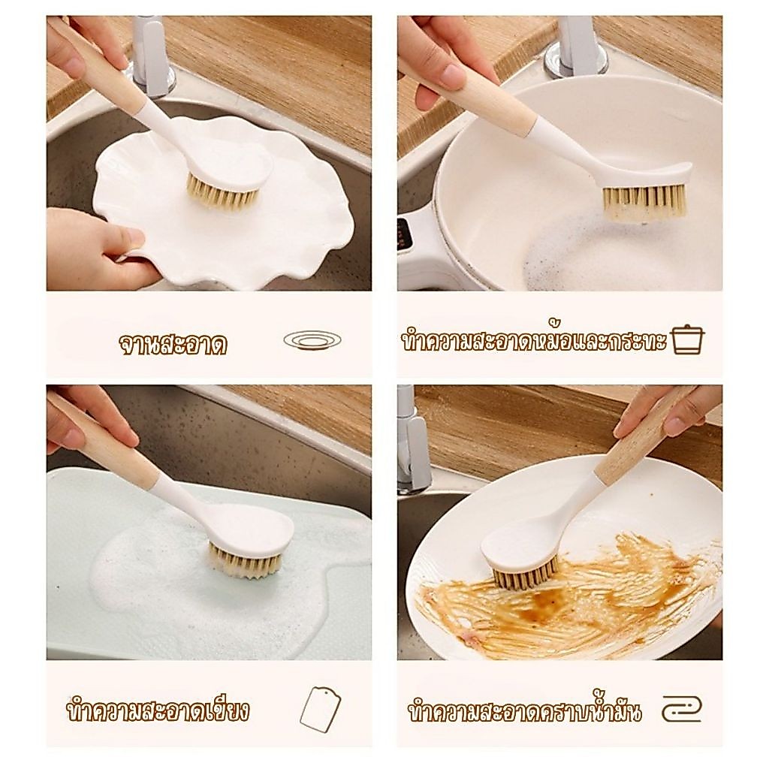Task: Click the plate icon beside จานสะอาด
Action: pyautogui.click(x=312, y=339)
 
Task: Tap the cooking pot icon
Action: pyautogui.click(x=688, y=340)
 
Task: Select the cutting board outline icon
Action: pyautogui.click(x=320, y=707)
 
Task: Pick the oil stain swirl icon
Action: pyautogui.click(x=682, y=709)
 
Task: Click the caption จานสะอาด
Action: pyautogui.click(x=173, y=344)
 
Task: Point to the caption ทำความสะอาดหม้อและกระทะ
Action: pyautogui.click(x=534, y=339)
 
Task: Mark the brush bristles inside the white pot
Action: pyautogui.click(x=644, y=202)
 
